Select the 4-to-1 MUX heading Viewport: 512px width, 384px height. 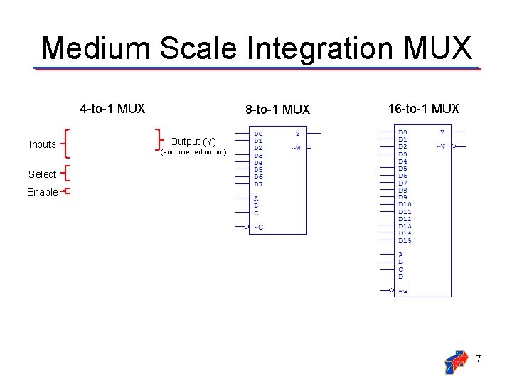point(112,109)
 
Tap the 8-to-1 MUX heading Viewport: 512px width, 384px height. point(277,110)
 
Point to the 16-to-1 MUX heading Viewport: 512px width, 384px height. point(424,109)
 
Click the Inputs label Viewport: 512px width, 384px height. point(43,144)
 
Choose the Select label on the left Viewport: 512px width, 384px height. point(43,174)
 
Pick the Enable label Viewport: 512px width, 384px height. point(43,192)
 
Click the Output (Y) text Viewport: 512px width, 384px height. point(193,142)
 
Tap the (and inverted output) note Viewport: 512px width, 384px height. point(193,152)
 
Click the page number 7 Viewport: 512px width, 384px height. point(479,359)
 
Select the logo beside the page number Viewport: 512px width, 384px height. point(455,361)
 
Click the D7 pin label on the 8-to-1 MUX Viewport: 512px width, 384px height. point(258,184)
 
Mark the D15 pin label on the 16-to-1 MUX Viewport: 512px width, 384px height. point(405,240)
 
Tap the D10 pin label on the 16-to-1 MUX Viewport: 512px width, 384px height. point(405,204)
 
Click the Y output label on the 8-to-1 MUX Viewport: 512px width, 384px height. point(297,133)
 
